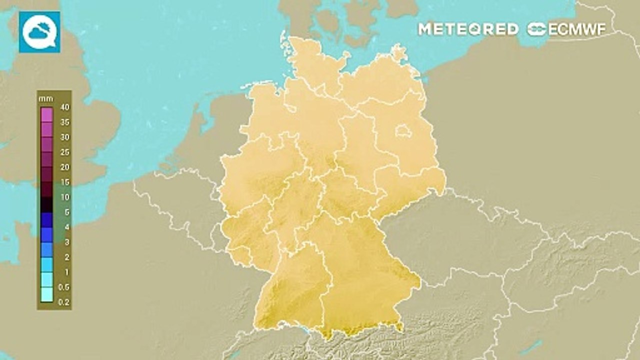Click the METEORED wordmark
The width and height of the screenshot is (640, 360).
tap(468, 29)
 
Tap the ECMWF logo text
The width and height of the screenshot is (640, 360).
tap(566, 29)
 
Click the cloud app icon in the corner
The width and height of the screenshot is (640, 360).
tap(39, 32)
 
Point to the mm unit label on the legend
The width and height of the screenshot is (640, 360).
tap(45, 98)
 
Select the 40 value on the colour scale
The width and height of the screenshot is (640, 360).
tap(65, 107)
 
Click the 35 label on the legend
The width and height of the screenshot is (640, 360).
tap(65, 122)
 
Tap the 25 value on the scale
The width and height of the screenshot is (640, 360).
tap(65, 152)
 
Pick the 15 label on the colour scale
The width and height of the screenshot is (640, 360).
tap(65, 182)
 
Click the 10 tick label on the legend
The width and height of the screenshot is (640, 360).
tap(65, 197)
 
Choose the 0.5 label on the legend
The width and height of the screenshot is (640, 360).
tap(64, 287)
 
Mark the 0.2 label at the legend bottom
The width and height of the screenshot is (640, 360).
tap(64, 302)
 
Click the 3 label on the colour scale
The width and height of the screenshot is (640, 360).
tap(66, 242)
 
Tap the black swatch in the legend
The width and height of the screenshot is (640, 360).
tap(46, 204)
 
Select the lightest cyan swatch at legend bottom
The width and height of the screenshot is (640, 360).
tap(46, 294)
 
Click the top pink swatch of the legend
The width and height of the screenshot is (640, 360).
tap(46, 114)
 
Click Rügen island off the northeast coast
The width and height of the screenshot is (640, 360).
tap(398, 52)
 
